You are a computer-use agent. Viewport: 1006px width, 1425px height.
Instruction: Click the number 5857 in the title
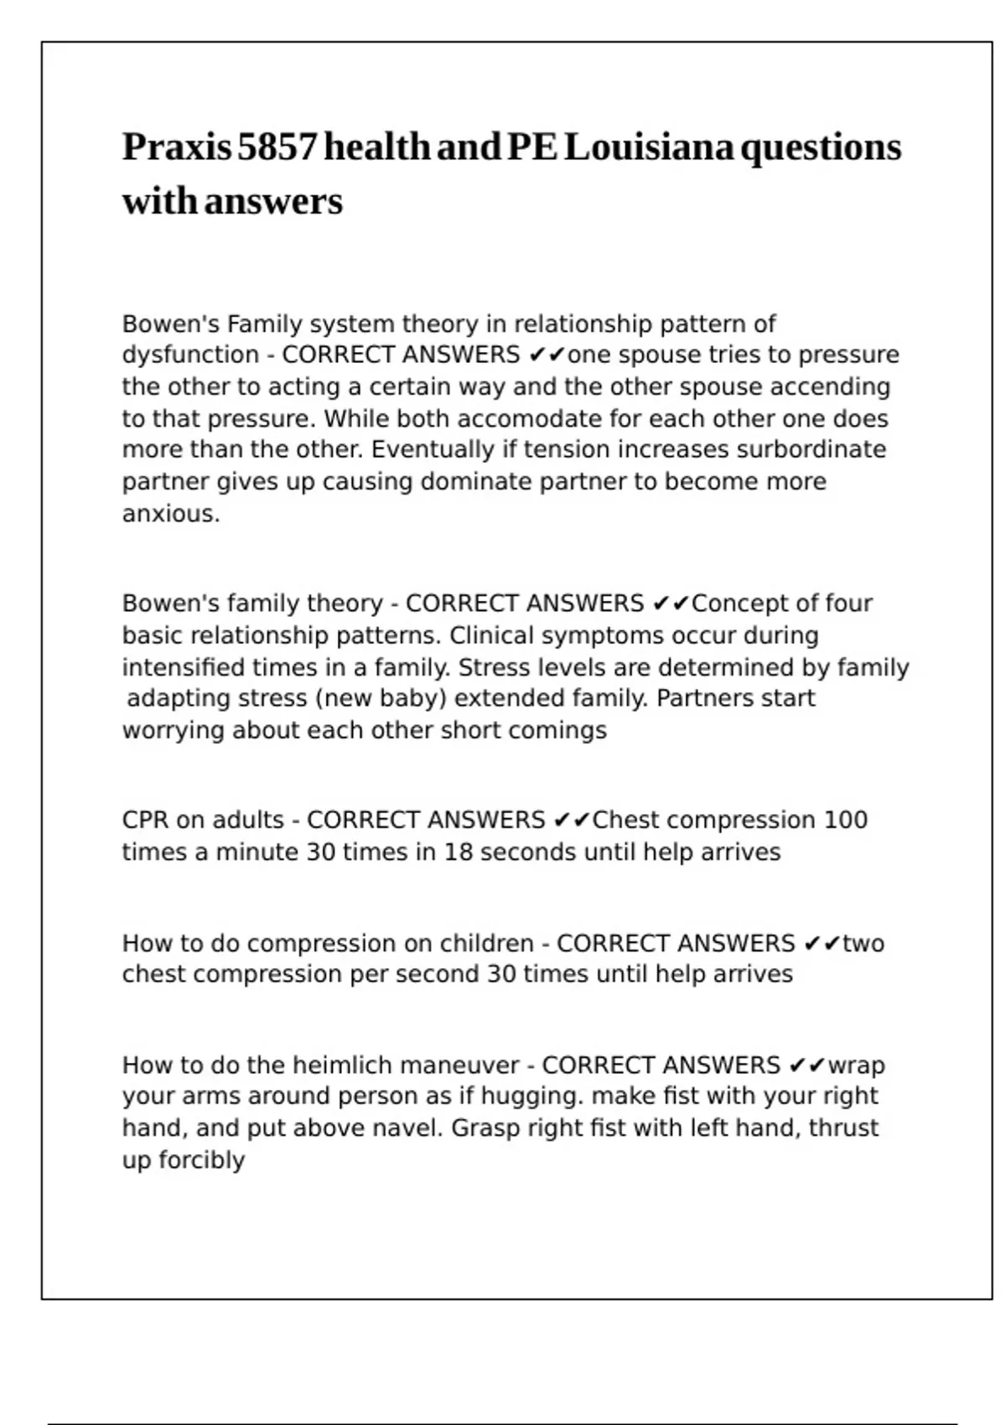277,148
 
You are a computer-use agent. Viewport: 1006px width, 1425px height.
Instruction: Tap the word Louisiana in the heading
649,148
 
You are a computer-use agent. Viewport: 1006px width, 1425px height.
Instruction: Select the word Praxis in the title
177,148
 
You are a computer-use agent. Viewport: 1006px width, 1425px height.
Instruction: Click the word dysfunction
190,355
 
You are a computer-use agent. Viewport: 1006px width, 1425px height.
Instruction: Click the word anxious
170,513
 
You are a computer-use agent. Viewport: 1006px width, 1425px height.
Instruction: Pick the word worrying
174,730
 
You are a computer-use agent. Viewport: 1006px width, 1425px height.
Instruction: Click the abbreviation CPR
144,820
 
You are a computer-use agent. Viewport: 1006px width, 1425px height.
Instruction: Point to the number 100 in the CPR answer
845,820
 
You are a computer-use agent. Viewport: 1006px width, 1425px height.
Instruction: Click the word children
485,943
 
